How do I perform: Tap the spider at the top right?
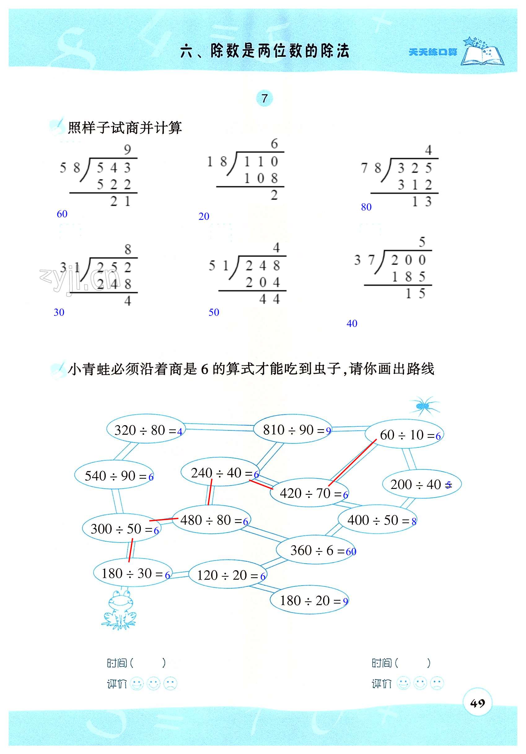click(x=424, y=406)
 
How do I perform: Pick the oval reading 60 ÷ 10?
click(x=405, y=435)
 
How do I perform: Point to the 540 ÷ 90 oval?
click(x=114, y=476)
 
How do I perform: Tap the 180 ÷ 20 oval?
click(x=309, y=601)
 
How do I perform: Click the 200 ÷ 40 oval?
click(x=422, y=484)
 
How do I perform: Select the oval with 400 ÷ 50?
click(x=377, y=520)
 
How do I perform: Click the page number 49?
click(x=477, y=703)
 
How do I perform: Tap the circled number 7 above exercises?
click(x=265, y=98)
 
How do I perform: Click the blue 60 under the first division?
click(x=62, y=214)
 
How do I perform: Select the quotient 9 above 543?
click(x=128, y=150)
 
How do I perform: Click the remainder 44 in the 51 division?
click(x=270, y=299)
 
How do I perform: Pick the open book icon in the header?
click(x=482, y=53)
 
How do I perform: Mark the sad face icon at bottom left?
click(x=170, y=684)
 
